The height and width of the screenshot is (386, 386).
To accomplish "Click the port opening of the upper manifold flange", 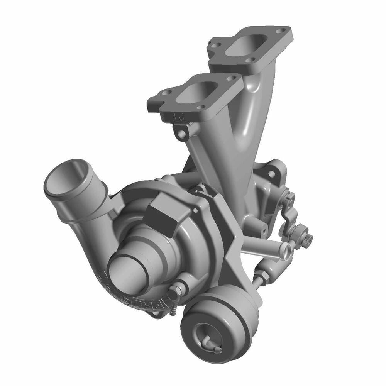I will [247, 42].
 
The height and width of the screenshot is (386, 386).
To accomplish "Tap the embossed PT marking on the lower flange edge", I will [179, 116].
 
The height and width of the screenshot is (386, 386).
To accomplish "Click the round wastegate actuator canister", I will [220, 324].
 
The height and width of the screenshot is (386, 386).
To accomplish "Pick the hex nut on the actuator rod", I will [260, 276].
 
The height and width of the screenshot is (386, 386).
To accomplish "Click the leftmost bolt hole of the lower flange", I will [167, 93].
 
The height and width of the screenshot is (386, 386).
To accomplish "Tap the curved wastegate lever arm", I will [288, 216].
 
